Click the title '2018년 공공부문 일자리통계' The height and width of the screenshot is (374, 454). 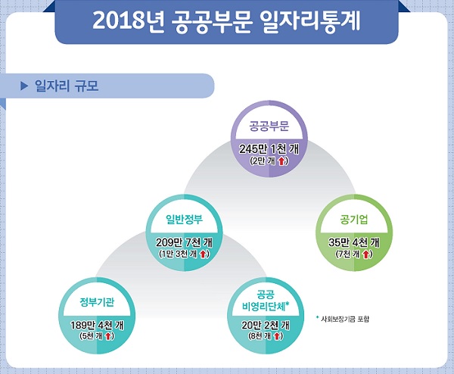coord(226,21)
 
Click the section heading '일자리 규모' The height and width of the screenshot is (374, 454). coord(67,86)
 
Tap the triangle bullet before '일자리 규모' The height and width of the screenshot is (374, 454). coord(24,86)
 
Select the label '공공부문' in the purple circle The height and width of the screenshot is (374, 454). coord(269,126)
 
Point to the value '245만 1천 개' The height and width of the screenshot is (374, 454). coord(269,149)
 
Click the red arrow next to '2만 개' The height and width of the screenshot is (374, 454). coord(281,161)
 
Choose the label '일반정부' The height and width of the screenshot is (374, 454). coord(184,220)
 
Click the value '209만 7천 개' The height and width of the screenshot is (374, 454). coord(185,243)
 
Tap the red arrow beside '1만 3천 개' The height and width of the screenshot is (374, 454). coord(203,254)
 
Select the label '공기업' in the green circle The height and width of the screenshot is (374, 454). coord(354,220)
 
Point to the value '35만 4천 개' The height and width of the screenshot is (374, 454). coord(354,243)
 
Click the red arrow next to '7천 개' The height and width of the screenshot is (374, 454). coord(366,254)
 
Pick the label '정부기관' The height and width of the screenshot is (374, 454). coord(97,302)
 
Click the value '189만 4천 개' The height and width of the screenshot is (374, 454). coord(97,326)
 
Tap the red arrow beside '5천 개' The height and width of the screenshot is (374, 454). coord(107,336)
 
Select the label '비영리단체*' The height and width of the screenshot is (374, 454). coord(266,306)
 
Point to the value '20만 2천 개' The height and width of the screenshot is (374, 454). coord(266,326)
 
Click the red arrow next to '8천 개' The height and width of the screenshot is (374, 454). coord(277,336)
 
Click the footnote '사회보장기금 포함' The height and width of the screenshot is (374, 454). coord(345,319)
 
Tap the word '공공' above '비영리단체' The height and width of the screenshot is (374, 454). coord(266,295)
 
